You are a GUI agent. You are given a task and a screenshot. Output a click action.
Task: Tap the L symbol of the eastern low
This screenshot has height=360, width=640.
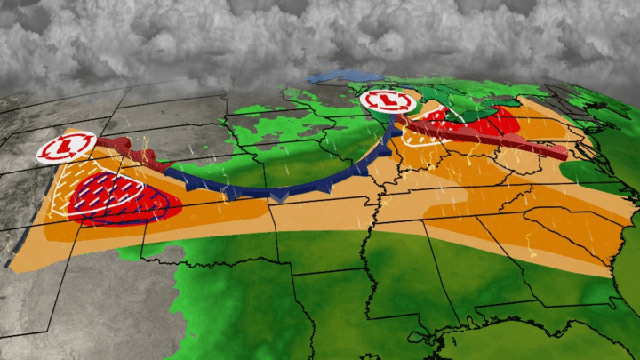pyautogui.click(x=388, y=102)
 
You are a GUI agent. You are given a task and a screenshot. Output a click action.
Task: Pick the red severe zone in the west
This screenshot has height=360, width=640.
pyautogui.click(x=124, y=196)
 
